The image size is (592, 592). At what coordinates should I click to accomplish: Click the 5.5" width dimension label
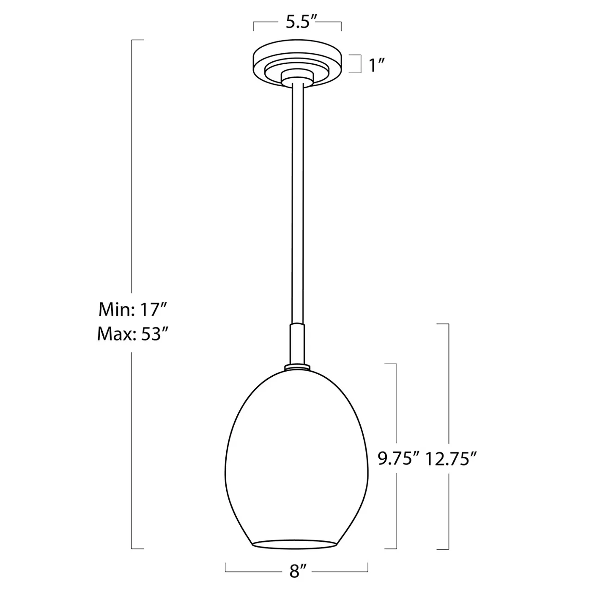coord(301,22)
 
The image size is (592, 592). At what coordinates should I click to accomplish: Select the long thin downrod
coord(297,203)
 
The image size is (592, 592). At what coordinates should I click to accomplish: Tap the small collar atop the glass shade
coord(297,367)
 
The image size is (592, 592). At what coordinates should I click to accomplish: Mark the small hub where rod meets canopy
coord(297,77)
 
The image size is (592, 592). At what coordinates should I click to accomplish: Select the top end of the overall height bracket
coord(138,40)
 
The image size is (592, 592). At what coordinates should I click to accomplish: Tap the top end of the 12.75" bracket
coord(443,324)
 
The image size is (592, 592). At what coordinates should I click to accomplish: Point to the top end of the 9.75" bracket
coord(391,364)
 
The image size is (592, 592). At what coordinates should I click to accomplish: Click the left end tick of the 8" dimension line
coord(225,567)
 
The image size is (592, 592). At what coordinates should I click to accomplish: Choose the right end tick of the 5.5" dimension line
coord(341,26)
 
